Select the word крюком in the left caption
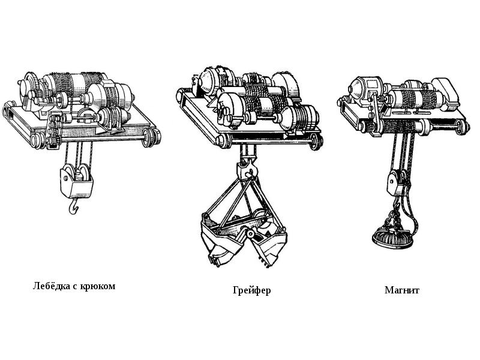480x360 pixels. pyautogui.click(x=97, y=286)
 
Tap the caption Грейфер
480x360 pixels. pyautogui.click(x=251, y=290)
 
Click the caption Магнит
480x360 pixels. pyautogui.click(x=401, y=290)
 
